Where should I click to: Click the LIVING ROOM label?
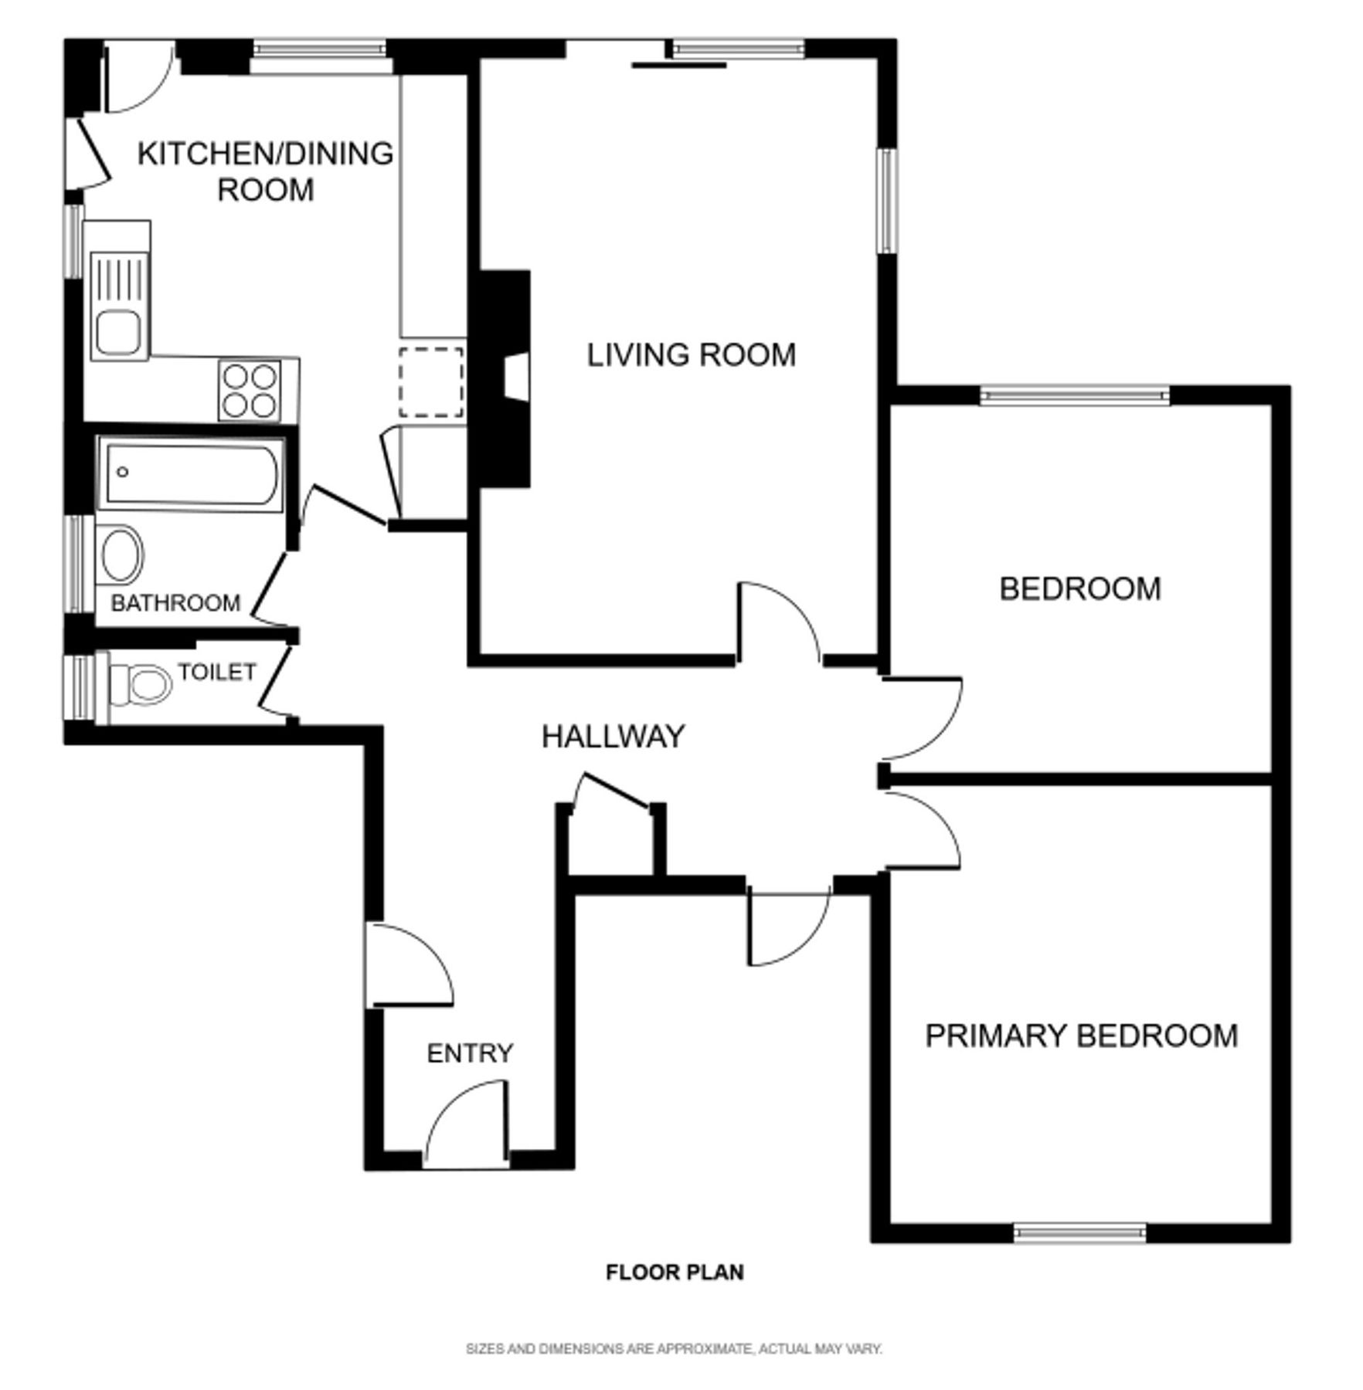pos(691,355)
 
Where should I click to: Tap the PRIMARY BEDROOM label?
pos(1081,1036)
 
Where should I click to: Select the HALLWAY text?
pos(613,737)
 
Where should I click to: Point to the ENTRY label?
pos(470,1053)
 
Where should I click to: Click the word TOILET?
pos(216,672)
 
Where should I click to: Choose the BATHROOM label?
pos(175,602)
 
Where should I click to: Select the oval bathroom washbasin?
pos(121,554)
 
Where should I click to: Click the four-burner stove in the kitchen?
pos(250,390)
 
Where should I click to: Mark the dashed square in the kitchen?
pos(431,382)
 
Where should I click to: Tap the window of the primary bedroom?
pos(1079,1232)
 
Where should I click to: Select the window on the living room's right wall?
pos(889,201)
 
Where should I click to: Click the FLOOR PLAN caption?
pos(675,1294)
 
